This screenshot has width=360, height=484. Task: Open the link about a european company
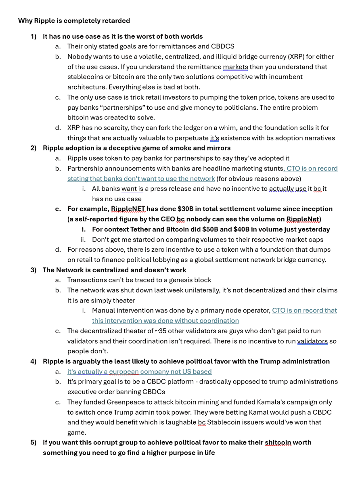point(139,371)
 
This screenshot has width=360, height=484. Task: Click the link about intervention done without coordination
point(165,321)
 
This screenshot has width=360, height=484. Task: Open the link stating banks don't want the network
point(141,178)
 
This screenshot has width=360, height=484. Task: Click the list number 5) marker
point(33,442)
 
